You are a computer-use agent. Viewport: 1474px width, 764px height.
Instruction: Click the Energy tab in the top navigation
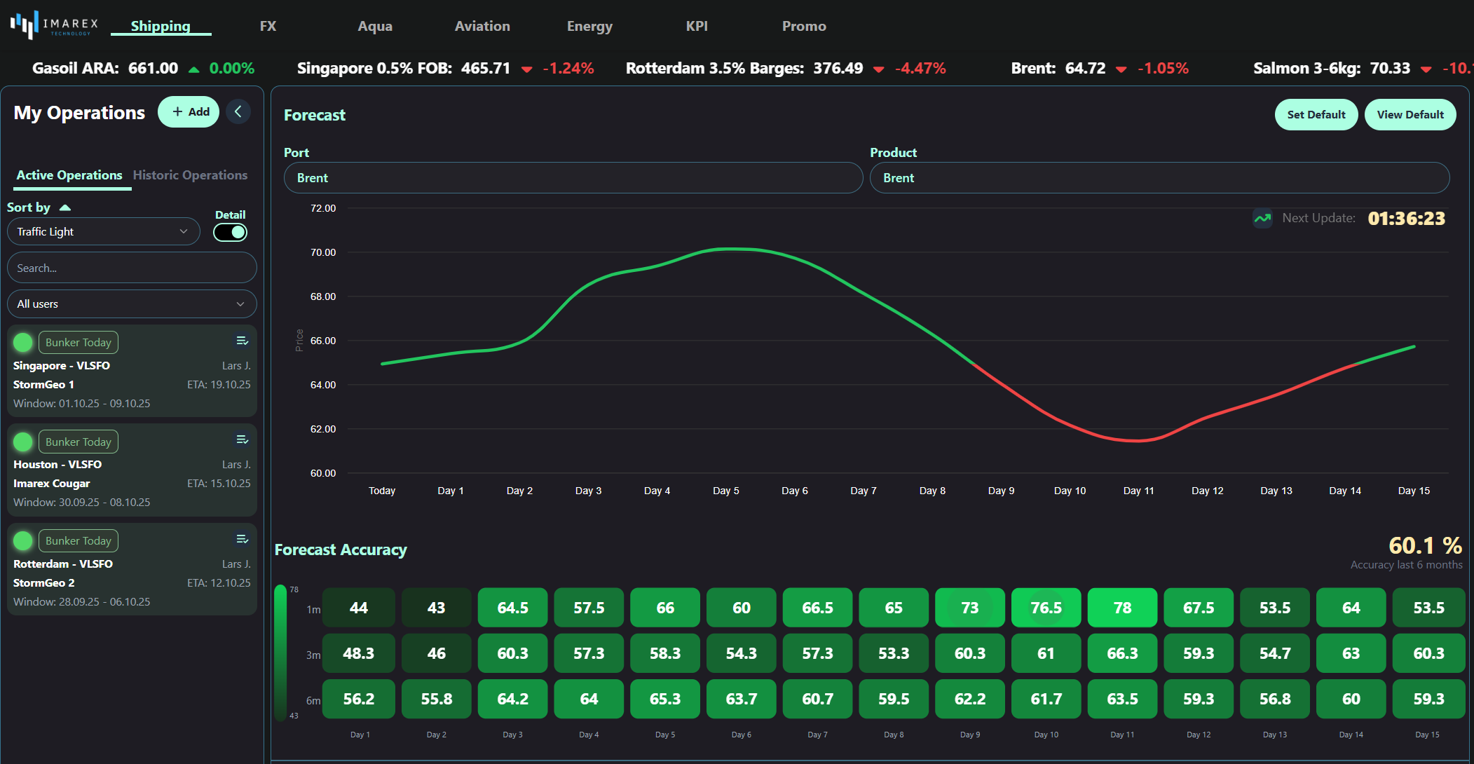[x=589, y=26]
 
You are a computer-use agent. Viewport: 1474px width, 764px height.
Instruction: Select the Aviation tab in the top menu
[x=482, y=26]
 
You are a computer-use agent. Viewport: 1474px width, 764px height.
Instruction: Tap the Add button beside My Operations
[x=189, y=112]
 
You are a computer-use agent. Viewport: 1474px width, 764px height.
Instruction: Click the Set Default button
[x=1316, y=115]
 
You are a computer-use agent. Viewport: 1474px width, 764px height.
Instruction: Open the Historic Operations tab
[x=190, y=175]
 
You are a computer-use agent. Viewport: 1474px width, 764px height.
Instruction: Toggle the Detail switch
[x=231, y=232]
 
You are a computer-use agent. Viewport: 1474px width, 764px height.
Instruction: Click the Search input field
[x=132, y=268]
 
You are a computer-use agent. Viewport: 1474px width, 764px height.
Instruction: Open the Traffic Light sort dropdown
[x=103, y=232]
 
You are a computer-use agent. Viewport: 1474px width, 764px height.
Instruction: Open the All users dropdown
[x=132, y=304]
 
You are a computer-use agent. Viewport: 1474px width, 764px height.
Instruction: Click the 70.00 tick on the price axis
[x=323, y=252]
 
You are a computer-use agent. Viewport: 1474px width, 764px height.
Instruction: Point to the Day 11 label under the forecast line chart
[x=1138, y=491]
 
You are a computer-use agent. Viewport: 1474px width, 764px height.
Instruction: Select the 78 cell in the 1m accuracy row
[x=1122, y=608]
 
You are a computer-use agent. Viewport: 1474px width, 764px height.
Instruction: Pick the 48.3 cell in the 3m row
[x=358, y=653]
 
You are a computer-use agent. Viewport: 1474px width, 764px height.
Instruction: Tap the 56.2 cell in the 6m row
[x=358, y=699]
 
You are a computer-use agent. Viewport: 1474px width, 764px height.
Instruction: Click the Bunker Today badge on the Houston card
[x=79, y=442]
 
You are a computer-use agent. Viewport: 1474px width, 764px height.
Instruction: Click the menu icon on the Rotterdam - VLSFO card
[x=242, y=540]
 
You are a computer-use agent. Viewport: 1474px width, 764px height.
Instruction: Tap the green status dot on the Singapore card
[x=23, y=342]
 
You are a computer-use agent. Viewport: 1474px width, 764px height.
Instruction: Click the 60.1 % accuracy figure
[x=1425, y=545]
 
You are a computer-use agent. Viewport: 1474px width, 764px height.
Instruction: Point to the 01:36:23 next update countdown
[x=1406, y=219]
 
